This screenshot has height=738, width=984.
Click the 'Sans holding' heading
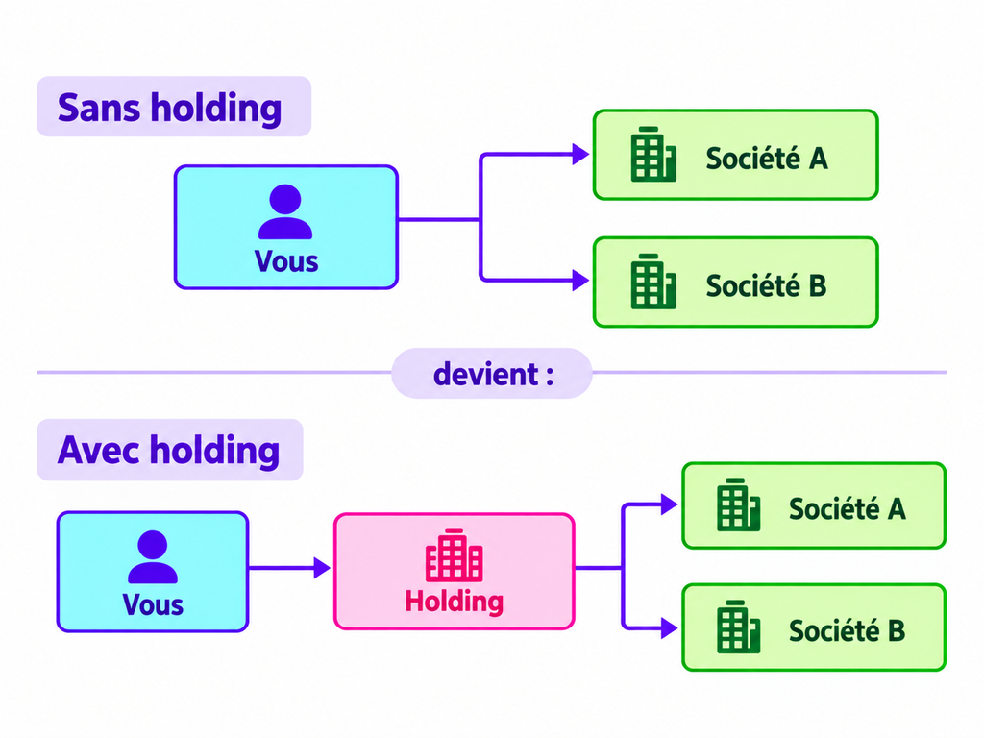click(169, 109)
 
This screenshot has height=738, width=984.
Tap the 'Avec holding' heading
click(168, 451)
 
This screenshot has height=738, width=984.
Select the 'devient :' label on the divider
click(493, 375)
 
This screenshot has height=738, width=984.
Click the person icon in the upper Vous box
click(285, 211)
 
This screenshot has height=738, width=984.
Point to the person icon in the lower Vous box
click(153, 556)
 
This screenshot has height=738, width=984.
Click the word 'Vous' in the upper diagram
click(286, 261)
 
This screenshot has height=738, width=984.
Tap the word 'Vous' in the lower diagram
click(153, 605)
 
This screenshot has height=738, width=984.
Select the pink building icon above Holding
click(454, 554)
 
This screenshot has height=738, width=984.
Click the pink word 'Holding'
click(455, 602)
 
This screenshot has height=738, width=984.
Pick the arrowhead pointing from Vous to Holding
click(322, 568)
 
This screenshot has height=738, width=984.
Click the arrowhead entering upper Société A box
click(580, 155)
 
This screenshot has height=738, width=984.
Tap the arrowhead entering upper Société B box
click(580, 280)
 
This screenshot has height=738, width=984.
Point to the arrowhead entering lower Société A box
click(669, 504)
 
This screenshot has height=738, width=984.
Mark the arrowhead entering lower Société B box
click(669, 627)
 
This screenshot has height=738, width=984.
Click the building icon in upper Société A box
click(653, 155)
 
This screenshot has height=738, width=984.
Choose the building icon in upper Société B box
click(653, 282)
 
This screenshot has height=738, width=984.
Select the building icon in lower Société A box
click(739, 504)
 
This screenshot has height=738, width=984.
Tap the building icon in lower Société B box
click(739, 627)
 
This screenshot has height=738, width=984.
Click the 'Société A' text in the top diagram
click(767, 159)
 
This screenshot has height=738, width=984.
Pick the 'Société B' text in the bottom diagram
click(848, 630)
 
